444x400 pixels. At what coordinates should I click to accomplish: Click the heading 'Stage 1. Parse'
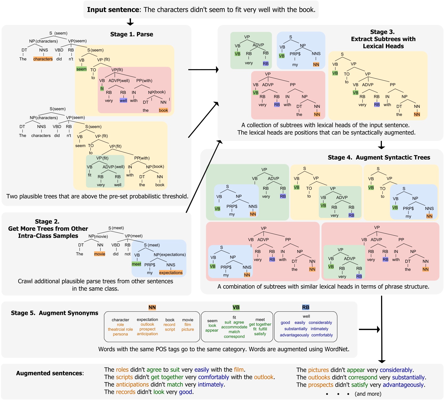pos(131,34)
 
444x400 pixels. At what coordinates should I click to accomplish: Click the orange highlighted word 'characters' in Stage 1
pos(43,59)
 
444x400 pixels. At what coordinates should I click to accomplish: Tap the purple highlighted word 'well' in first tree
pos(123,101)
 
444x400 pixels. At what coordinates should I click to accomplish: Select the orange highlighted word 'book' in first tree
pos(163,110)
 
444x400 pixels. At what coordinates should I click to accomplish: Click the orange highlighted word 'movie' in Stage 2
pos(99,254)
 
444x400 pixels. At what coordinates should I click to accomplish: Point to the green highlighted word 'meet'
pos(136,264)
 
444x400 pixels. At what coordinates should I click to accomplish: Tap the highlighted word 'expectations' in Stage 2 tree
pos(171,273)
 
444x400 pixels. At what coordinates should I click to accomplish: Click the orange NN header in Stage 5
pos(152,307)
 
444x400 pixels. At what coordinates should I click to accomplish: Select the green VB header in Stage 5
pos(236,307)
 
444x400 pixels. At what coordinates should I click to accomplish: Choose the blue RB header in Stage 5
pos(306,307)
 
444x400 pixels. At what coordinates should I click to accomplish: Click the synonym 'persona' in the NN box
pos(120,334)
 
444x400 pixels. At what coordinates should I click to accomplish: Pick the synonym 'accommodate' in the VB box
pos(234,327)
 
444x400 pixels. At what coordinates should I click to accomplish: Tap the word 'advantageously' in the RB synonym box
pos(294,335)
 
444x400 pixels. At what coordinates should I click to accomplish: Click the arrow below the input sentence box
pos(130,22)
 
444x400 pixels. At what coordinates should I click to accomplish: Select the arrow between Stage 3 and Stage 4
pos(381,145)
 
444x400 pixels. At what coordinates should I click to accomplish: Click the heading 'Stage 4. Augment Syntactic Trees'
pos(379,157)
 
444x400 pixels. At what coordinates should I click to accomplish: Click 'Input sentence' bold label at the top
pos(113,10)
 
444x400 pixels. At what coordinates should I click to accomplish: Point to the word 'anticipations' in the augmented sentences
pos(132,385)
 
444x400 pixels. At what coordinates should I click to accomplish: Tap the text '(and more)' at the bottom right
pos(368,394)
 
